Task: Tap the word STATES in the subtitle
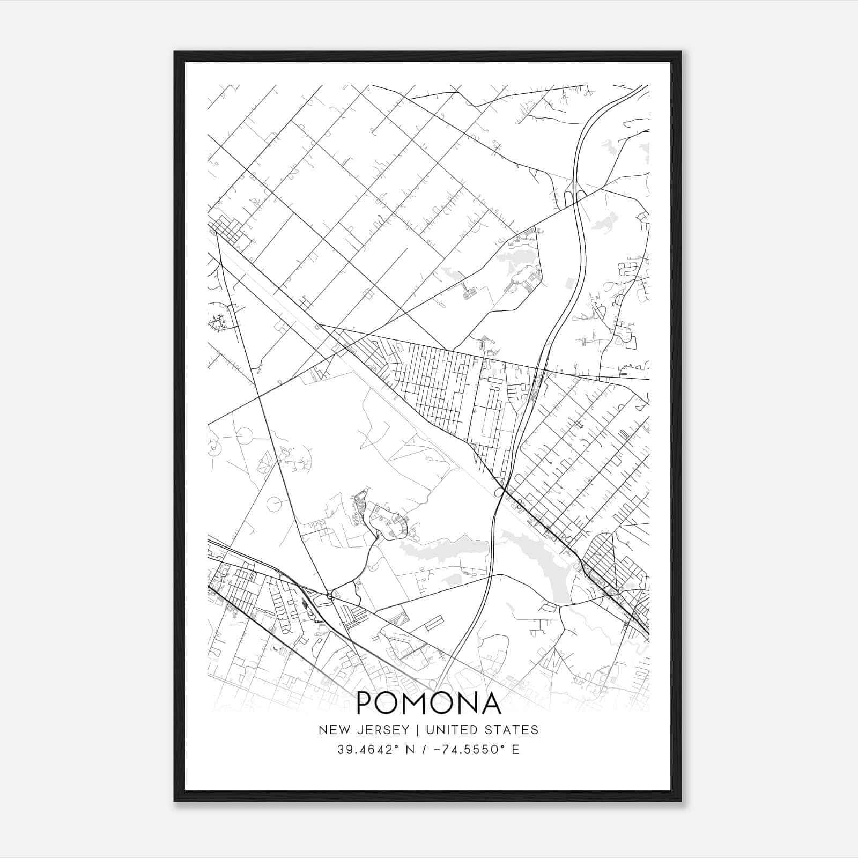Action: click(x=512, y=730)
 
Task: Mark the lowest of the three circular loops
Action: click(x=276, y=504)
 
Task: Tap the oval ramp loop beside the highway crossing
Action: click(x=499, y=492)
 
